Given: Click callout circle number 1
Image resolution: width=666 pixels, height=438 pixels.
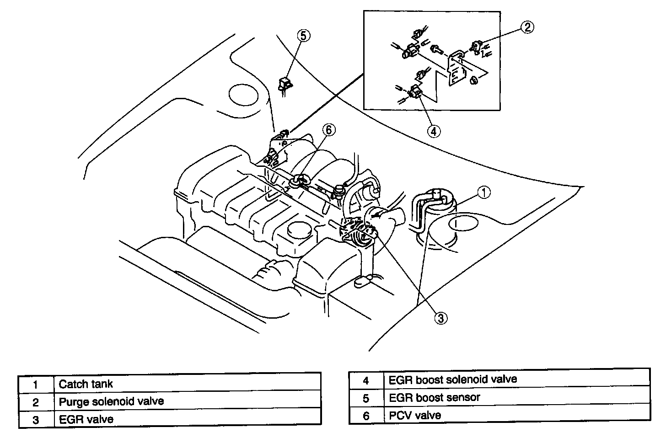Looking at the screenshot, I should (484, 192).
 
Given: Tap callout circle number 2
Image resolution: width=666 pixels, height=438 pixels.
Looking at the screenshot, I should (527, 27).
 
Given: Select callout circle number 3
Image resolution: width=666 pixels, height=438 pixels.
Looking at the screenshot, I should (440, 318).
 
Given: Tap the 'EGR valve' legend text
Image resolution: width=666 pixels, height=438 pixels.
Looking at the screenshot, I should (86, 419).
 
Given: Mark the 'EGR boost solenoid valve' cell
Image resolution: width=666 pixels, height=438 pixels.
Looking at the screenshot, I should (453, 379).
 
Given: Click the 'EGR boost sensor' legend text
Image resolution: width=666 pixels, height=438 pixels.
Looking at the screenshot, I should (435, 397).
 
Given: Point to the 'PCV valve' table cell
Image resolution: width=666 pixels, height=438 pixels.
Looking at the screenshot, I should (415, 415).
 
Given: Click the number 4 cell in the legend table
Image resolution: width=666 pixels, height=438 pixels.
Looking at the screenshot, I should (366, 379).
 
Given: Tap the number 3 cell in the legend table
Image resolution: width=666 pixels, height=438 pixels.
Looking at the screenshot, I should (36, 419).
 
